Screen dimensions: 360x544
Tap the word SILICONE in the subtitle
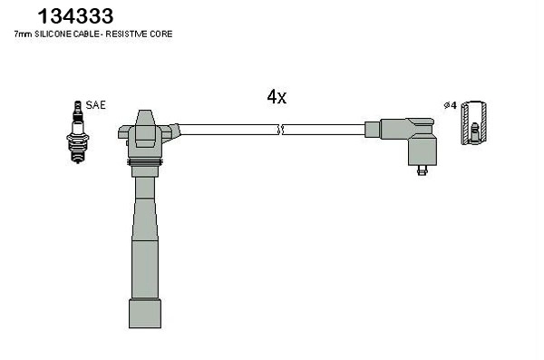[x=59, y=34]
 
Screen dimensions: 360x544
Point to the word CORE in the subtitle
[x=161, y=34]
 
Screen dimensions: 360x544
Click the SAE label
[x=95, y=105]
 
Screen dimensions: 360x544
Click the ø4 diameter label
[x=449, y=105]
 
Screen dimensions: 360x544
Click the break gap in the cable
[x=281, y=130]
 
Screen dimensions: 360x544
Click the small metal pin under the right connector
[x=422, y=169]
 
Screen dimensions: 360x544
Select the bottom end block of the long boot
[x=144, y=312]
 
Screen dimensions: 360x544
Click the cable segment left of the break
[x=227, y=130]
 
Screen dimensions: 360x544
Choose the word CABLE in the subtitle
[x=93, y=34]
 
